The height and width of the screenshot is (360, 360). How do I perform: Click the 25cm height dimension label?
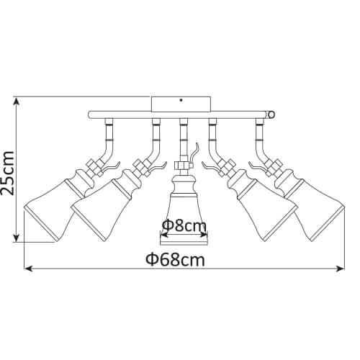(7, 173)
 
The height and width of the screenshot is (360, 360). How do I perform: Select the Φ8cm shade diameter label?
(184, 225)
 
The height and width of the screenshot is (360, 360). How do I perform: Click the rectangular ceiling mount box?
(181, 104)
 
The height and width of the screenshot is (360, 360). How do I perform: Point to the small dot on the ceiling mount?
(181, 100)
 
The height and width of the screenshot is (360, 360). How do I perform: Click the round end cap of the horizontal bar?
(271, 114)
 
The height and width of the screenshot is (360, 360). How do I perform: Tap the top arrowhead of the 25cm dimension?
(16, 102)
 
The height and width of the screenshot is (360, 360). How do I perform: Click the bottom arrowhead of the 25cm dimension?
(16, 238)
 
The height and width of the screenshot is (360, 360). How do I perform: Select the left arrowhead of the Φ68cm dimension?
(28, 269)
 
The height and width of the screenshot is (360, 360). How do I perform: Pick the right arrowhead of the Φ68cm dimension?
(340, 269)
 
